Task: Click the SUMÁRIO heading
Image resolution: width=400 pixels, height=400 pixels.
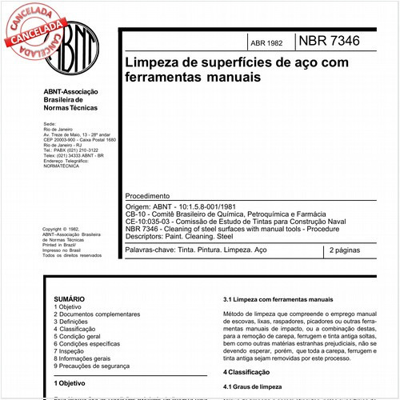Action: [x=69, y=298]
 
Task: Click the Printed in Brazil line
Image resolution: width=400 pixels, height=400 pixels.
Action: [x=59, y=246]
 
